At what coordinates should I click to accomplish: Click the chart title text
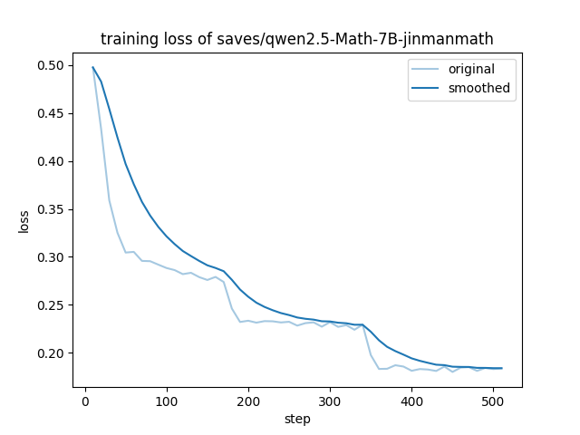297,39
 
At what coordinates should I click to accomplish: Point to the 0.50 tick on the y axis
52,65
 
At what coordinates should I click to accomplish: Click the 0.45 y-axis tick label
52,113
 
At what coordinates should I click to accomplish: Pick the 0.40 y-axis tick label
52,161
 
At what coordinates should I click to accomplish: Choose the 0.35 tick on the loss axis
52,209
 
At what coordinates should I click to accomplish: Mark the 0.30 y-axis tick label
52,257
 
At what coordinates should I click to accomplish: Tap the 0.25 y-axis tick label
52,305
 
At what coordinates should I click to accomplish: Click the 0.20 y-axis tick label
52,353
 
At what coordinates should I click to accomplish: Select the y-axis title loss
24,221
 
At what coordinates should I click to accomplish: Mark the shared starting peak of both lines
93,67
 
